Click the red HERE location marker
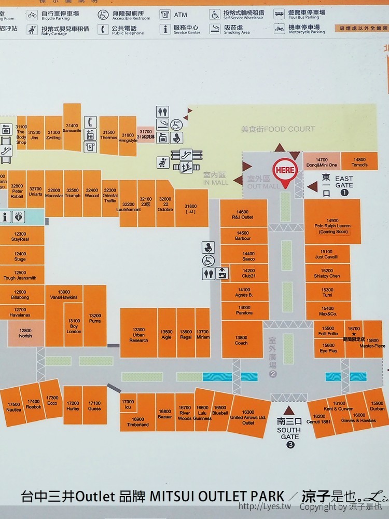click(x=285, y=171)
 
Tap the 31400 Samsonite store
click(x=72, y=127)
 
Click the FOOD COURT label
click(x=277, y=129)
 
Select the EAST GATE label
click(x=343, y=183)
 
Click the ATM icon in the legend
click(x=165, y=15)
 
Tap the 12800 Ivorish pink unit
click(x=25, y=333)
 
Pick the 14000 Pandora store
click(x=244, y=310)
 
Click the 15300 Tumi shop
click(x=327, y=292)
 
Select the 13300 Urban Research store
click(x=138, y=334)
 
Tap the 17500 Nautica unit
click(x=13, y=407)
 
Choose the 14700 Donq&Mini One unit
click(x=322, y=162)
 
